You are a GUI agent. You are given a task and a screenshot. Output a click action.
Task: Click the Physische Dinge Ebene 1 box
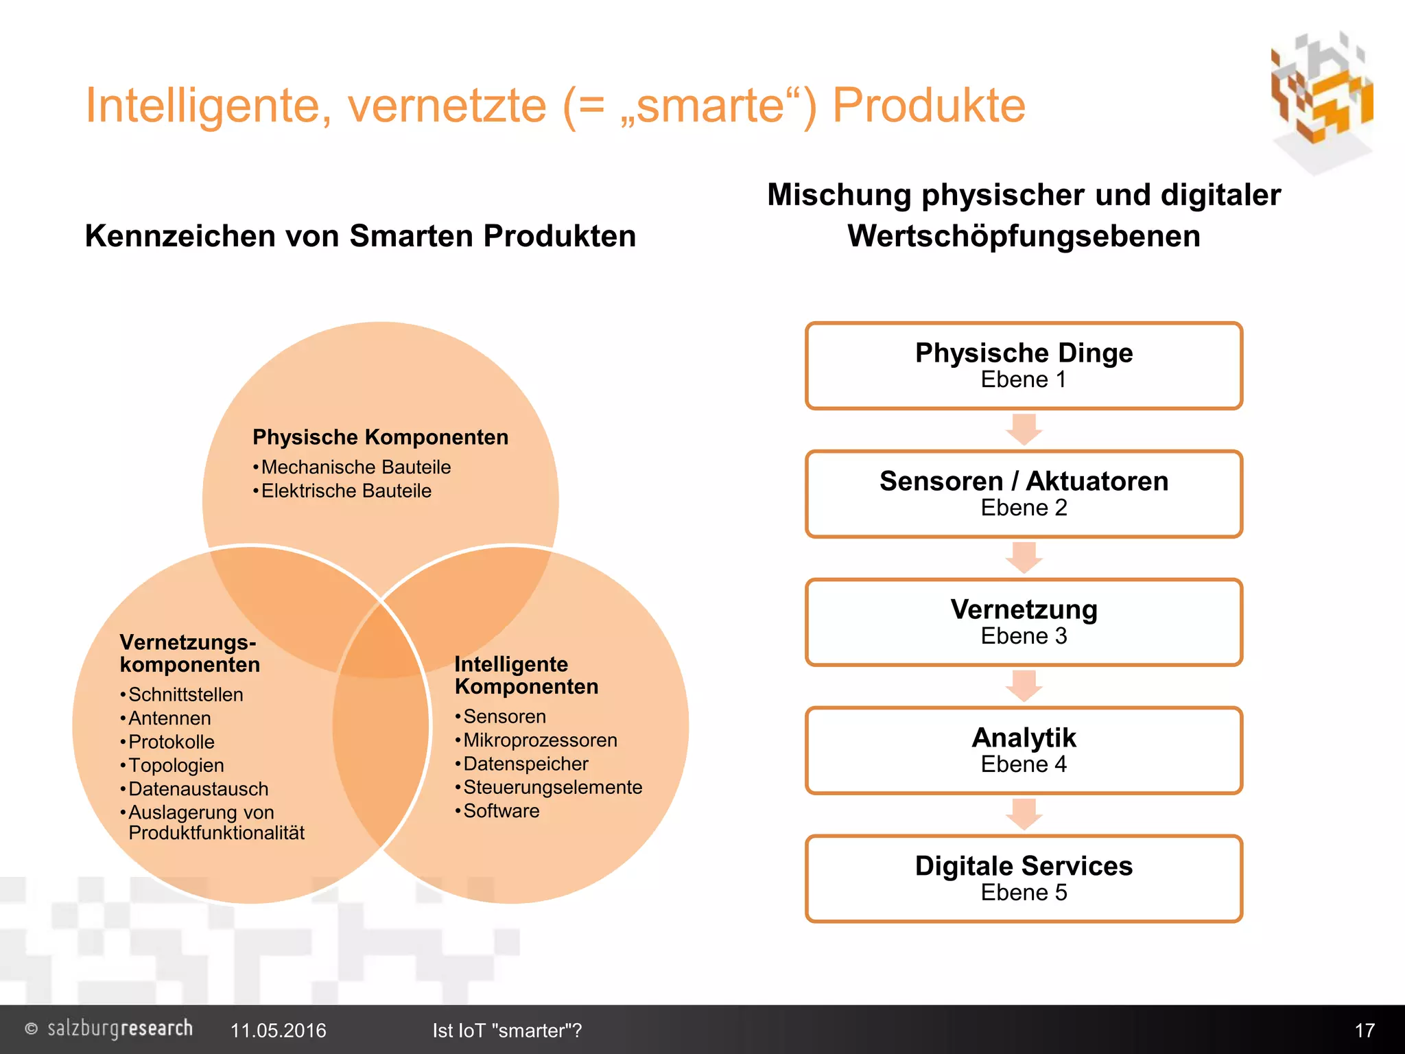[x=1024, y=366]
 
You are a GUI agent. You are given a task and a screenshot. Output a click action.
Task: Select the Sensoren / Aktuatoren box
[x=1024, y=494]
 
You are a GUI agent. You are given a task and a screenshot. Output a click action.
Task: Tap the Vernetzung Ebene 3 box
[x=1024, y=622]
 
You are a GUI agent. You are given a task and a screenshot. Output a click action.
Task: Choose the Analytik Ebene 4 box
[x=1024, y=751]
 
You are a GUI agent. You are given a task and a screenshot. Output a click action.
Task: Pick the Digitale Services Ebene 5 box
[x=1024, y=879]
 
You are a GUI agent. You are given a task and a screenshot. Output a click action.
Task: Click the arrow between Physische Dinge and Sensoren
[x=1024, y=430]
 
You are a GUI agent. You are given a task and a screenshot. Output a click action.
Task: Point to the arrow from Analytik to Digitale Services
[x=1024, y=815]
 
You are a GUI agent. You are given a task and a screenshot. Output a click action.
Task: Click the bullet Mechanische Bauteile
[x=355, y=467]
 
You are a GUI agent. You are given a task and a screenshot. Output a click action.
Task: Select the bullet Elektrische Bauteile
[x=346, y=491]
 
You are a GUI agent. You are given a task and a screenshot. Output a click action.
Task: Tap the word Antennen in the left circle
[x=169, y=718]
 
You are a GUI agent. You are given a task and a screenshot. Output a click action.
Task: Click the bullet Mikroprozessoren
[x=540, y=740]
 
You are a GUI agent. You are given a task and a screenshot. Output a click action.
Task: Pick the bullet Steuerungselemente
[x=552, y=788]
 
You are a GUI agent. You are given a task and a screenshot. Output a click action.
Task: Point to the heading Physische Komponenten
[x=380, y=437]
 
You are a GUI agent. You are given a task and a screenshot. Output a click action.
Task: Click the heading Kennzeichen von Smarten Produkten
[x=360, y=236]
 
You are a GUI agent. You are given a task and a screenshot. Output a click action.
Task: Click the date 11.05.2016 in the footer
[x=278, y=1031]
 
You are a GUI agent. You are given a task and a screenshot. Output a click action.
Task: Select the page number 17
[x=1364, y=1031]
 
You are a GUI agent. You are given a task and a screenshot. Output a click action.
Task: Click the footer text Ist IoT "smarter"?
[x=507, y=1031]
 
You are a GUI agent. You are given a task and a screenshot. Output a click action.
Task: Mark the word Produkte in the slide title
[x=928, y=106]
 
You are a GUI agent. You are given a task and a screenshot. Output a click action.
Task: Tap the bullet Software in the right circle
[x=501, y=811]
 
